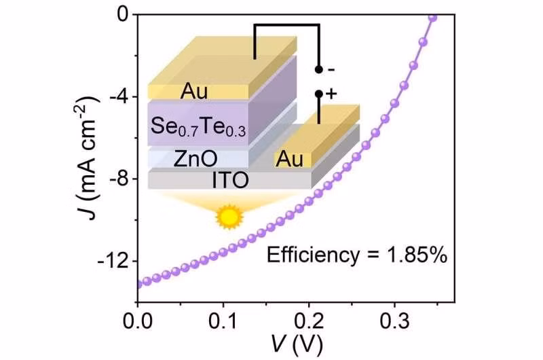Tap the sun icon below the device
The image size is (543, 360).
[229, 216]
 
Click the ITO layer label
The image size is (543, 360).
[231, 180]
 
